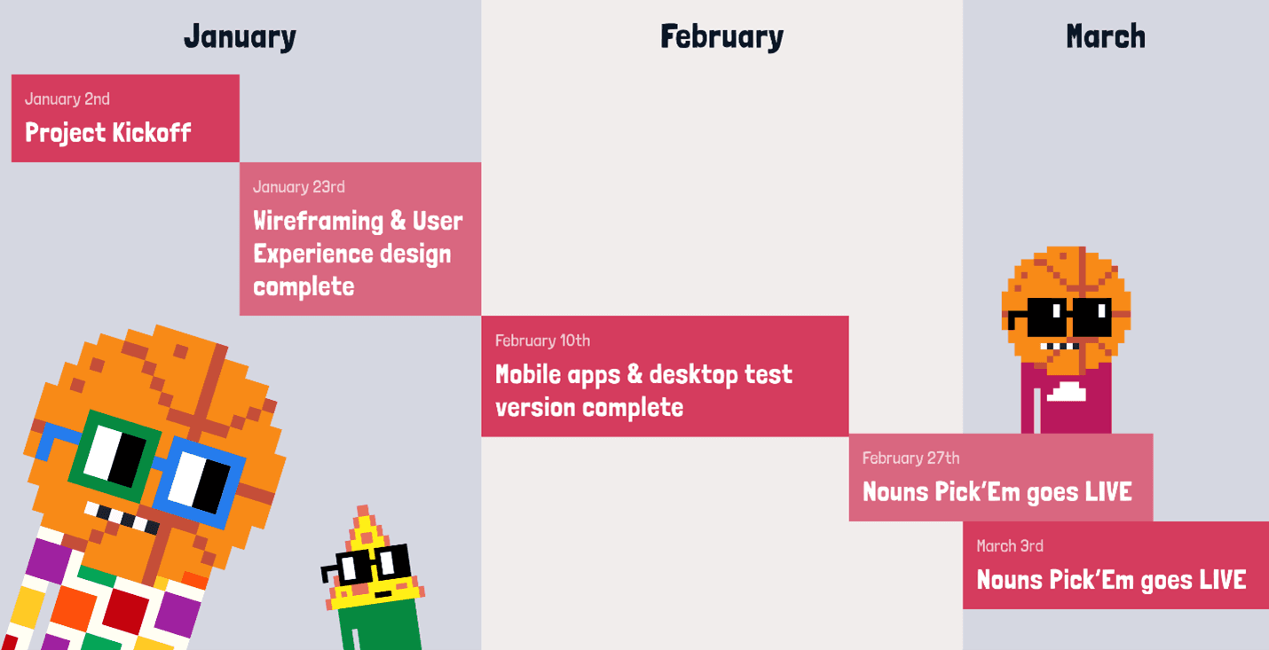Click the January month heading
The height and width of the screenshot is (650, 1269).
240,37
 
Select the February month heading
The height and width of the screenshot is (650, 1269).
721,37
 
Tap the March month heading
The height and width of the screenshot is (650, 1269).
1106,36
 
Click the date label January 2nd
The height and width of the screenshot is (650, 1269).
67,99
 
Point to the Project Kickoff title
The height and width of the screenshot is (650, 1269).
107,133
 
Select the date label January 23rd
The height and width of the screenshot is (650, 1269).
298,187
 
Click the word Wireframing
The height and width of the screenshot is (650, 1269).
318,222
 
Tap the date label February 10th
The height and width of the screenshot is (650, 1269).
542,341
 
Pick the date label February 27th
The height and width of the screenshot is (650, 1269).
910,458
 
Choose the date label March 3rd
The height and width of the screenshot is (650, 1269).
1010,546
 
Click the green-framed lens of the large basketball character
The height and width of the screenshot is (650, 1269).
114,457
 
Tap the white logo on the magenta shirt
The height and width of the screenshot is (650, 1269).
1066,392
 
